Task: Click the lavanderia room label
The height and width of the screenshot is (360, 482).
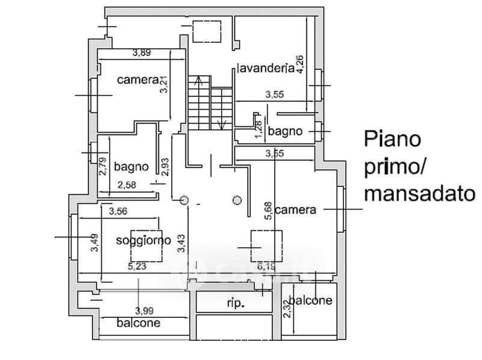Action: (265, 67)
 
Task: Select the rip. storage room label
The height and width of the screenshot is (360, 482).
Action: (236, 303)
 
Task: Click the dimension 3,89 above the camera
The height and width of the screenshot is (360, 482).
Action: (141, 53)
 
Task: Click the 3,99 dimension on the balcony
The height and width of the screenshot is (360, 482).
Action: (144, 311)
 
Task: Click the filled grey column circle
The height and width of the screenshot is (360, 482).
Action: (237, 200)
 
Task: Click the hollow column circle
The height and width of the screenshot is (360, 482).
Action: (184, 200)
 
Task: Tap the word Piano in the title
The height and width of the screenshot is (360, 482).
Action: (392, 140)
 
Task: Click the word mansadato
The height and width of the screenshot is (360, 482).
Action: (419, 194)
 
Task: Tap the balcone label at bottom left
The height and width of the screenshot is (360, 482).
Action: (139, 323)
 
